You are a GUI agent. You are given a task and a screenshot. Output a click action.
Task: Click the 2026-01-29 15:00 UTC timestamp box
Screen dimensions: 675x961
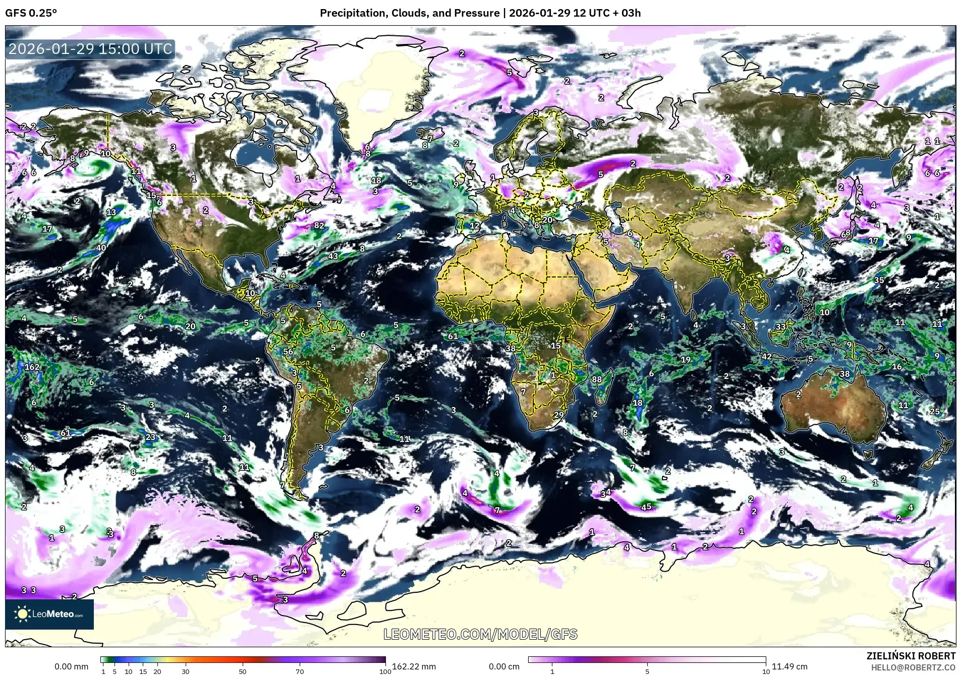coord(91,49)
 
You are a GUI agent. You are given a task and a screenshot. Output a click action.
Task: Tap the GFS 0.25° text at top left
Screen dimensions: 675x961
coord(31,13)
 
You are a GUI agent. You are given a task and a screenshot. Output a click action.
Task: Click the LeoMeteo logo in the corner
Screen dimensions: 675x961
coord(49,614)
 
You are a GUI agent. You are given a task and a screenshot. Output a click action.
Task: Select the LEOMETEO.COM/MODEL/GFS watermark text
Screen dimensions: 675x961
coord(480,634)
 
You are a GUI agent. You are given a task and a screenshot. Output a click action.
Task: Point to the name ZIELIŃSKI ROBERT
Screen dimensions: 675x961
coord(911,656)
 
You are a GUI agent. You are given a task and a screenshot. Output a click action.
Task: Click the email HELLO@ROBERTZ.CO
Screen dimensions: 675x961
coord(913,667)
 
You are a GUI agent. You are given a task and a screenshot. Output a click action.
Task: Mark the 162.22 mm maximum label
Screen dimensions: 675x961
coord(414,666)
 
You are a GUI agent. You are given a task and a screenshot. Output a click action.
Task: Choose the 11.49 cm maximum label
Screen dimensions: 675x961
coord(789,666)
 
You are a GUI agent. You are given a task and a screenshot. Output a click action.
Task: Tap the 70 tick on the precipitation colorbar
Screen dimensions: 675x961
coord(300,671)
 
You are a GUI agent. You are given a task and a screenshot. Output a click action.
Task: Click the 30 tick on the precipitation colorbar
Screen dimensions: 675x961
coord(186,671)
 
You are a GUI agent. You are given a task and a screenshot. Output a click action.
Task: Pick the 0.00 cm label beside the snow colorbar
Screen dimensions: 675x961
coord(504,666)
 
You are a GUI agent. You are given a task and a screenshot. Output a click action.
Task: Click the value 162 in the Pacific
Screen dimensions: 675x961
coord(32,367)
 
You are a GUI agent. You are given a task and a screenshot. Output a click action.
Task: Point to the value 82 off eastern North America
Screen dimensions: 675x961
coord(319,226)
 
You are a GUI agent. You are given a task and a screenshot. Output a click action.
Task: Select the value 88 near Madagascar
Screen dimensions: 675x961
coord(597,379)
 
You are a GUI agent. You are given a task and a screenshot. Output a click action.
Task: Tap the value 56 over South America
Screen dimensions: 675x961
coord(288,352)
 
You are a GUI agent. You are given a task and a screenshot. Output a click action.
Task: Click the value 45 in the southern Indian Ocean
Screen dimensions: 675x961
coord(646,507)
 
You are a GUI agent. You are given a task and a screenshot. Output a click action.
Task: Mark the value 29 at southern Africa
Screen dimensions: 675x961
coord(558,415)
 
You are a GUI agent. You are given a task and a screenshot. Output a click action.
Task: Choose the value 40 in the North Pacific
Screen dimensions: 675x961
coord(101,248)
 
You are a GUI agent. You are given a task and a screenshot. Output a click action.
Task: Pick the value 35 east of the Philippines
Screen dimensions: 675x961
coord(879,280)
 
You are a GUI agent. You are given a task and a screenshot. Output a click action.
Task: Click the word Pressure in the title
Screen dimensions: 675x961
coord(480,13)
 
